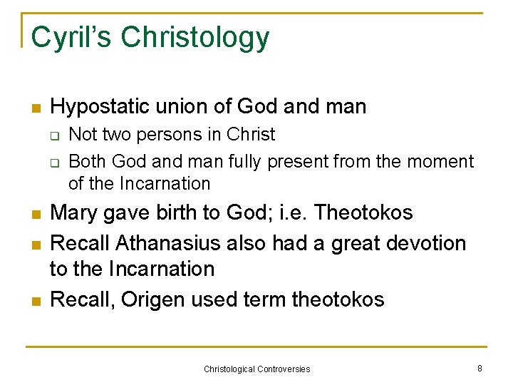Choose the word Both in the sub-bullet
click(x=85, y=162)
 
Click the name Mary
click(x=76, y=212)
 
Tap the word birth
click(x=168, y=212)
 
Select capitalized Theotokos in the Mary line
click(x=363, y=212)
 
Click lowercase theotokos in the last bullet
click(x=338, y=299)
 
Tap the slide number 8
click(x=480, y=368)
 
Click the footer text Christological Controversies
click(x=256, y=369)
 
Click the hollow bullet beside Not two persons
click(x=56, y=135)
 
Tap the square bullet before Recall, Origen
click(x=33, y=301)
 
